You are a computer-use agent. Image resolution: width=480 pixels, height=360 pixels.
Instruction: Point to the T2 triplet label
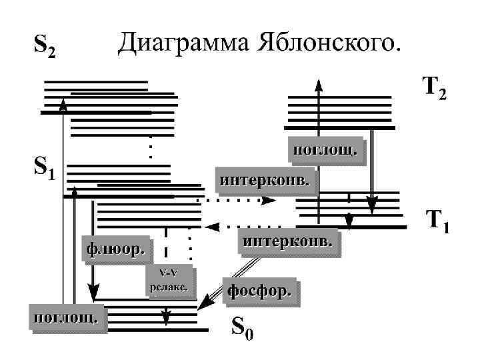pyautogui.click(x=433, y=88)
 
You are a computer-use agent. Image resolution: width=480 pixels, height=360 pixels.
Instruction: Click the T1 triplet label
pyautogui.click(x=437, y=222)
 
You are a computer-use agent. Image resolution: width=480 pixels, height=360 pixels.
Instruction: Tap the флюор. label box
pyautogui.click(x=115, y=249)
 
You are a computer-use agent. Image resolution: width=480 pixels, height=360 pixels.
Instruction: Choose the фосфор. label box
pyautogui.click(x=261, y=291)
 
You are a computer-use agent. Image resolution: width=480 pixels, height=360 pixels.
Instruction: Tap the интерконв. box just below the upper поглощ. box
pyautogui.click(x=265, y=180)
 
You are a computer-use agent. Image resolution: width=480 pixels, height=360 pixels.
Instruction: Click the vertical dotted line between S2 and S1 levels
pyautogui.click(x=151, y=147)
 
